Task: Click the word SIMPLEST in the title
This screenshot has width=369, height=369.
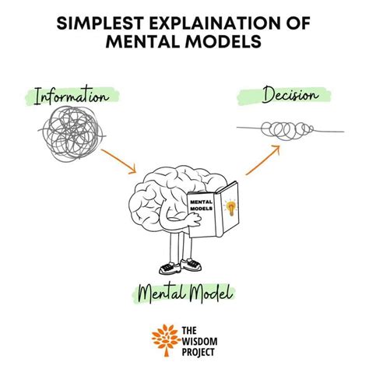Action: point(100,23)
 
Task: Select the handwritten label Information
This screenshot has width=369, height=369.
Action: point(71,96)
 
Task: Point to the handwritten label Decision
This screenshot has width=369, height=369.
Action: point(290,95)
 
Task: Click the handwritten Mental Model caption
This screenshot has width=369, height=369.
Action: point(184,293)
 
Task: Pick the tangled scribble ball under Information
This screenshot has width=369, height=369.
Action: point(71,134)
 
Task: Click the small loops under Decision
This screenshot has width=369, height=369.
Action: point(287,131)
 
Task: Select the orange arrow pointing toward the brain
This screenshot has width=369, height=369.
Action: point(118,161)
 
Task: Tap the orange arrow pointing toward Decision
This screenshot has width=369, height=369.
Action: point(262,160)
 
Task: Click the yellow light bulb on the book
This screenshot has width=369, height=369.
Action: point(230,208)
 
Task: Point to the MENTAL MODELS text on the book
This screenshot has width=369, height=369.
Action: point(202,205)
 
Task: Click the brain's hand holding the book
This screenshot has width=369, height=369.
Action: point(194,220)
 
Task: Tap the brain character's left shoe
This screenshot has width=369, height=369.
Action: point(170,268)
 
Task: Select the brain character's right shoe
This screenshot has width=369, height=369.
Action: point(192,264)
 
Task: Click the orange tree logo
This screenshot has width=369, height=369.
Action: point(166,339)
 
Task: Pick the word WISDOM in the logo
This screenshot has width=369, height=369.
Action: point(199,341)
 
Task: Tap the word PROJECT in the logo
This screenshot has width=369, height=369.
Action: point(199,352)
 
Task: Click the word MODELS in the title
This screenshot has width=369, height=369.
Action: point(223,41)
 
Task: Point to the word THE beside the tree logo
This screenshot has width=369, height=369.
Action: point(189,330)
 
